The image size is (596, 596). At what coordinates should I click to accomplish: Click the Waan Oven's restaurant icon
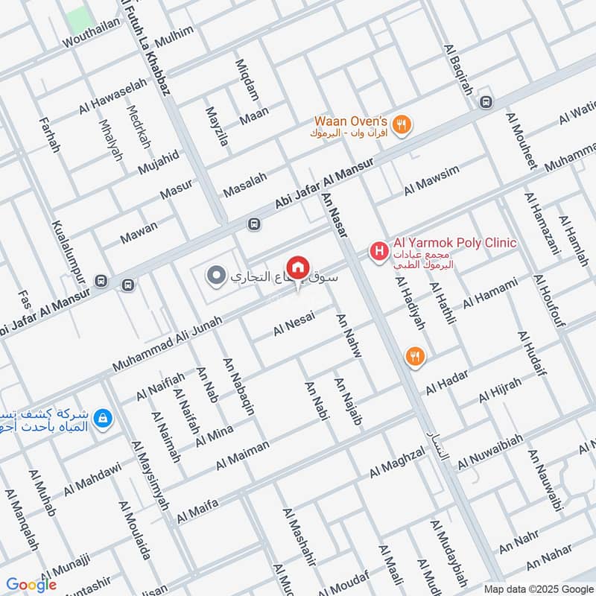(402, 125)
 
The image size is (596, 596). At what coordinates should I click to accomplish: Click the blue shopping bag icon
(103, 419)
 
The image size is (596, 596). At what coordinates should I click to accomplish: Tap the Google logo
(31, 585)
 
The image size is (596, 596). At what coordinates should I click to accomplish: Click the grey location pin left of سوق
(216, 276)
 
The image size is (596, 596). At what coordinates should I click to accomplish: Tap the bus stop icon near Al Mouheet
(486, 102)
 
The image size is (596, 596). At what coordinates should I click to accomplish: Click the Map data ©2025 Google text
(547, 587)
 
